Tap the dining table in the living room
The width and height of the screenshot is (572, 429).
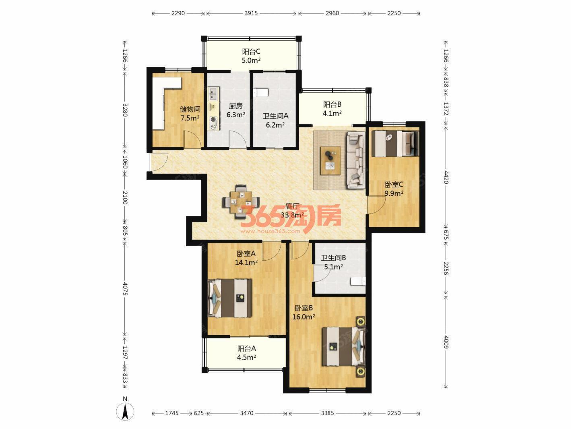coord(241,201)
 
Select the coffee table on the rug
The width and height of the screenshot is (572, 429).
coord(331,161)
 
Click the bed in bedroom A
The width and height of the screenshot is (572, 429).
coord(230,298)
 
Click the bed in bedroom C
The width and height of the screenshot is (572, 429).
coord(395,143)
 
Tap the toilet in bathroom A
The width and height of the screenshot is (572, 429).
coord(260,93)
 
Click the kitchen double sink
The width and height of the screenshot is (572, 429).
coord(214,94)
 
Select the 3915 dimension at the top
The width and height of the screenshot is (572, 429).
coord(251,13)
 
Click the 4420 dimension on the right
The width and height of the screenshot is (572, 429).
coord(446,177)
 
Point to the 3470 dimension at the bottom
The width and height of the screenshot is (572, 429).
coord(246,413)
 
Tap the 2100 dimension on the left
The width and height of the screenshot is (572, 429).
coord(125,197)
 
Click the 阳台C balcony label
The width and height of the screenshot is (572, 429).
coord(251,52)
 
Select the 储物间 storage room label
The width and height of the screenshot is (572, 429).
coord(190,109)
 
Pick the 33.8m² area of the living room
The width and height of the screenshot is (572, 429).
coord(292,215)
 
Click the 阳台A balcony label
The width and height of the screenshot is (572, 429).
coord(246,348)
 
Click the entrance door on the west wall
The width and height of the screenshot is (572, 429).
coord(159,162)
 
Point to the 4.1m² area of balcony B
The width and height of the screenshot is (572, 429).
coord(332,113)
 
